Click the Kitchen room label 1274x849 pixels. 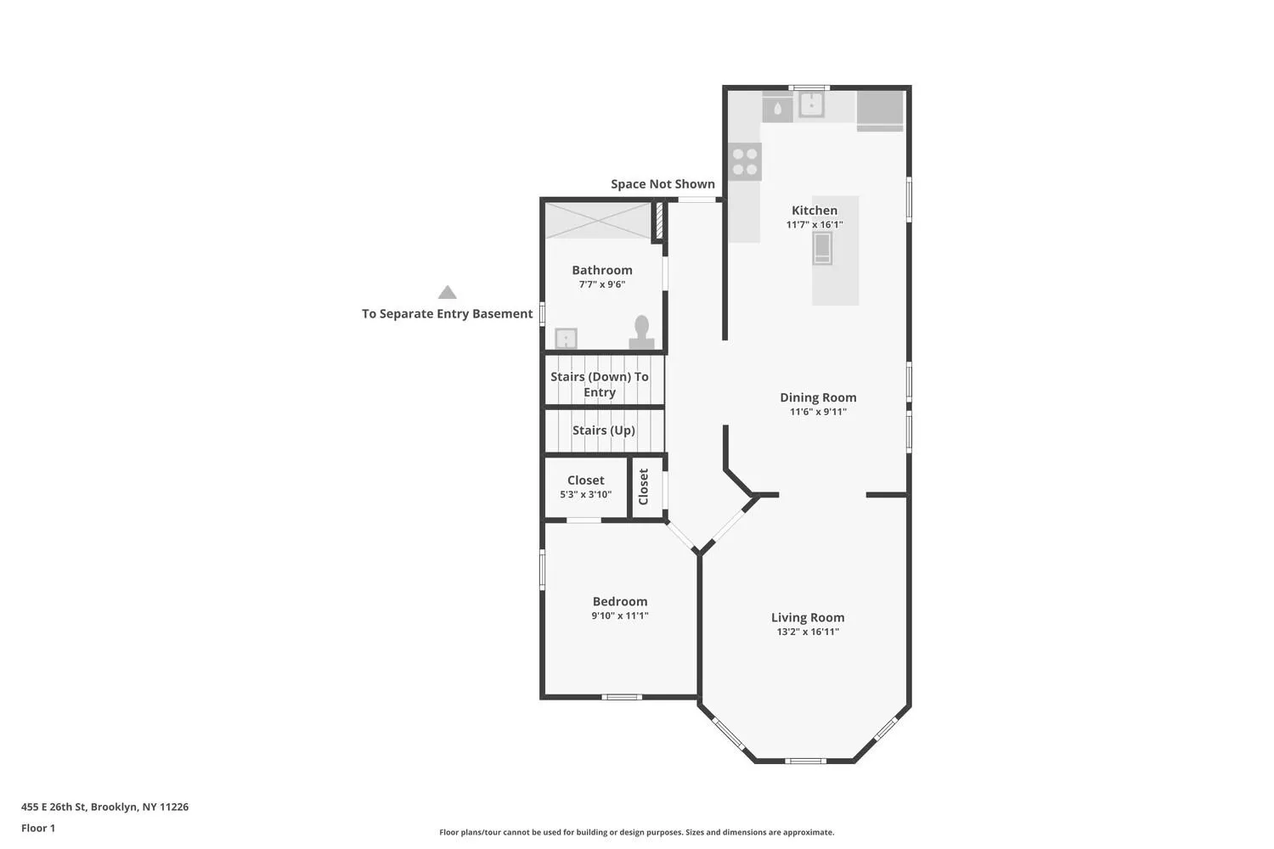(815, 211)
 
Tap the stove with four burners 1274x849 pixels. (745, 162)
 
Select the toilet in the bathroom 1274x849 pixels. (641, 333)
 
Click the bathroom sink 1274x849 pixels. (566, 339)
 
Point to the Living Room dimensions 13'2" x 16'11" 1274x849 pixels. (808, 632)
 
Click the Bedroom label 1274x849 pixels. (620, 602)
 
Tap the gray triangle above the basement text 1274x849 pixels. (448, 292)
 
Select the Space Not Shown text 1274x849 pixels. (662, 184)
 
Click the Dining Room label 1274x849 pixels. (818, 397)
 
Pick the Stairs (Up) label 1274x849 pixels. (603, 430)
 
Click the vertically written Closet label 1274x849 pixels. (644, 486)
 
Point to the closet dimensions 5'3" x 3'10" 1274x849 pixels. (586, 495)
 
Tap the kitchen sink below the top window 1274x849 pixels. (812, 104)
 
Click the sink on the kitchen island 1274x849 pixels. (822, 249)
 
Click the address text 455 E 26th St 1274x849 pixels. (54, 807)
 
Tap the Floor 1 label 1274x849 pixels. (38, 829)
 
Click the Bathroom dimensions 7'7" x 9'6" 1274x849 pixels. (601, 284)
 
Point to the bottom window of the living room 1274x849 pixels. (806, 761)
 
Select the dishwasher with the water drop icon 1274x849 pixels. (777, 109)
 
